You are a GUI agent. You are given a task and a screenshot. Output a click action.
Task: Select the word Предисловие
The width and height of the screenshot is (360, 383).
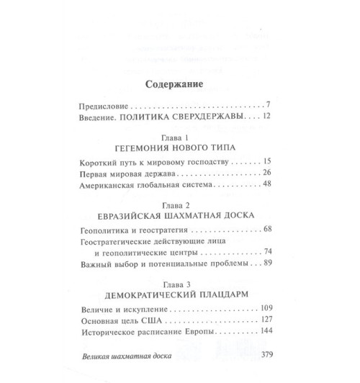click(x=107, y=105)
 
